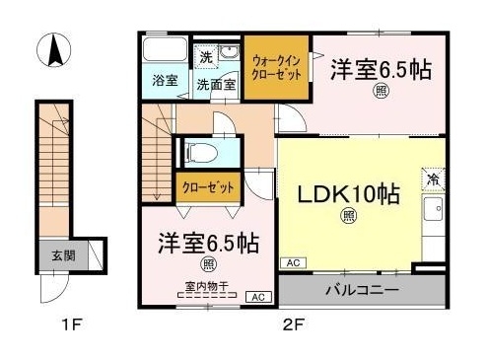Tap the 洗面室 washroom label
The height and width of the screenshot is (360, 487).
tap(214, 85)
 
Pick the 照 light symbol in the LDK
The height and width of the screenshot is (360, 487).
tap(348, 216)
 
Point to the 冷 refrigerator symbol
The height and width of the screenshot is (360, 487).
tap(433, 180)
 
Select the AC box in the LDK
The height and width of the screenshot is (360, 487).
tap(292, 263)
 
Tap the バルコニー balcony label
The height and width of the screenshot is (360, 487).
tap(362, 292)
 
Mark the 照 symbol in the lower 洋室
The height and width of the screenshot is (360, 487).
tap(209, 264)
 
